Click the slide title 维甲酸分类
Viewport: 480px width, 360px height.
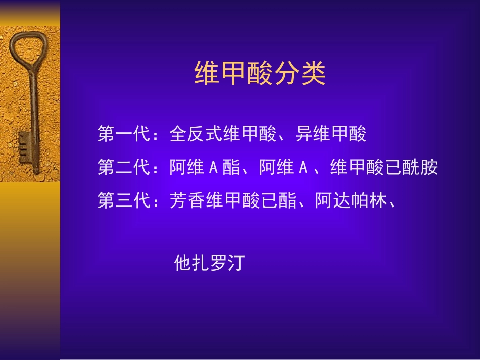(x=260, y=74)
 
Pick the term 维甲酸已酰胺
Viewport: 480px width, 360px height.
(x=384, y=168)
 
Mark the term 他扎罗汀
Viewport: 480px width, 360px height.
(x=209, y=263)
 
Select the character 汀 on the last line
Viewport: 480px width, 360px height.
(x=235, y=263)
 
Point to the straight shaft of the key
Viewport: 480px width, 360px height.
(x=34, y=106)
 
